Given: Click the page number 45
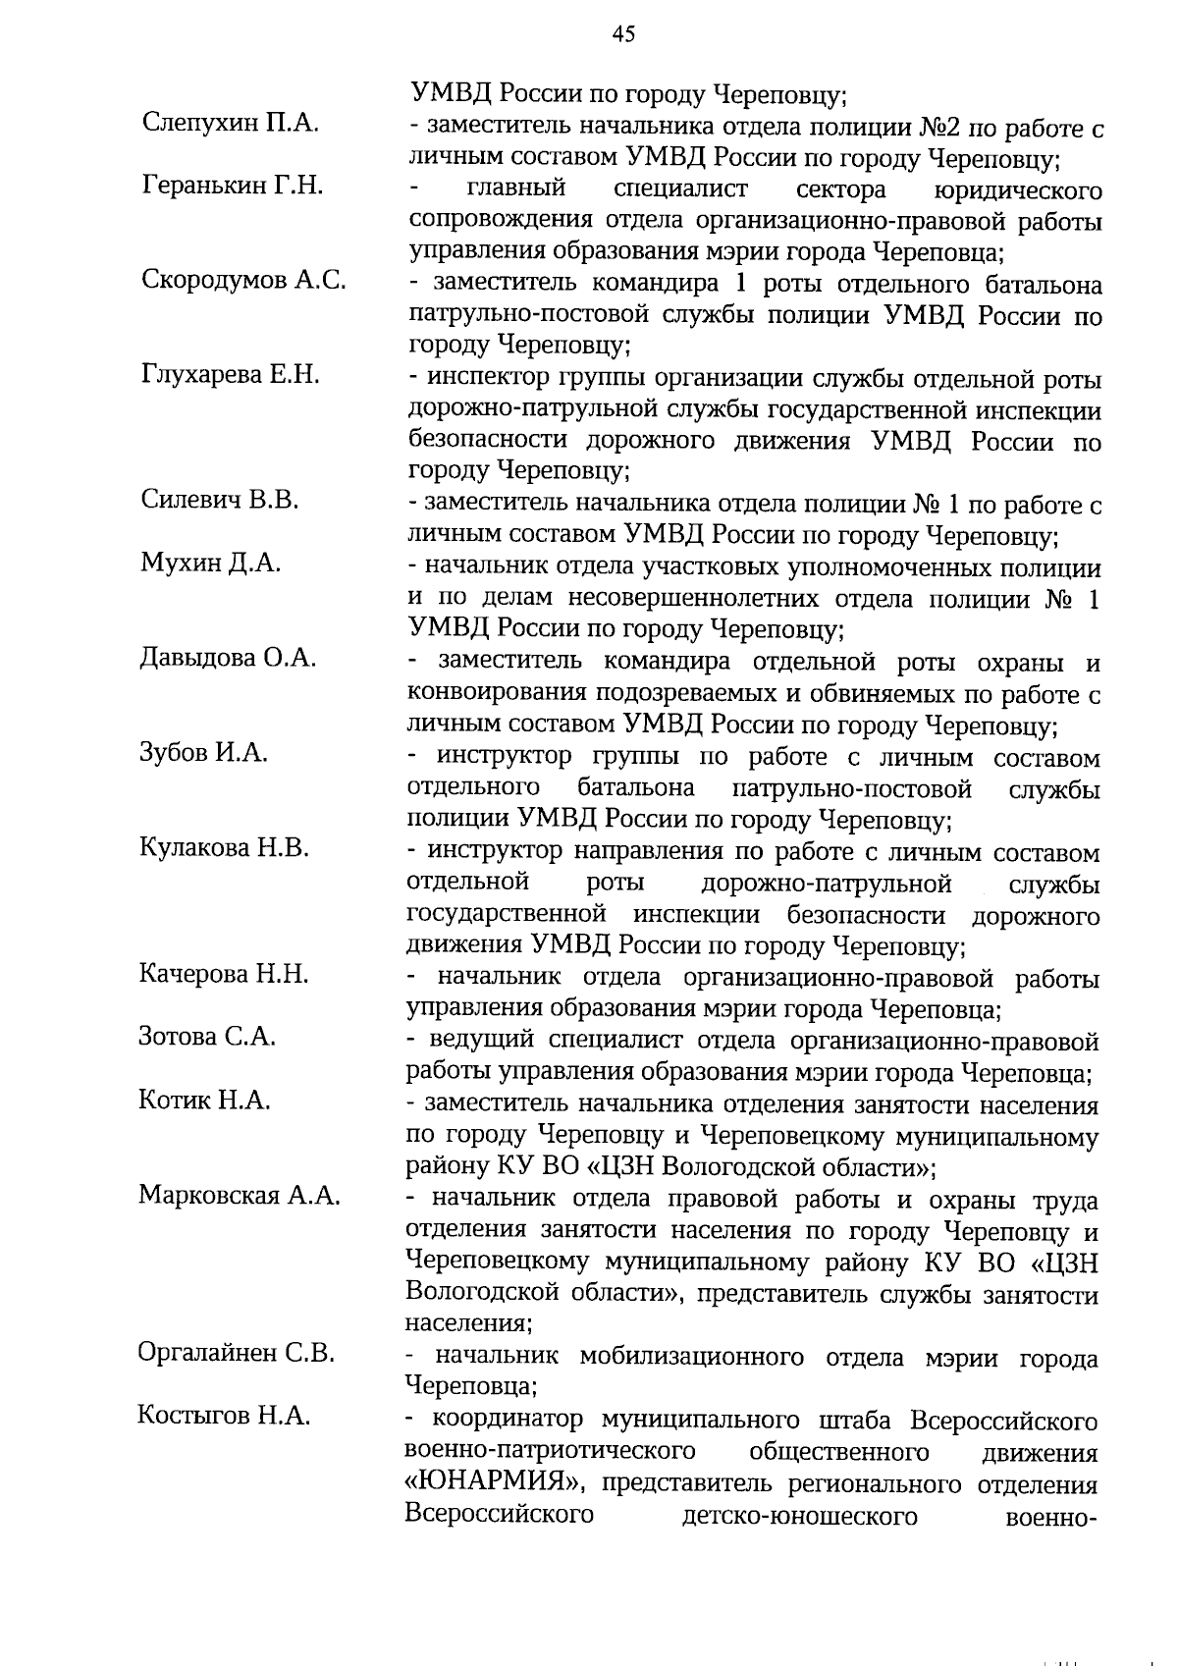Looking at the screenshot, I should click(624, 36).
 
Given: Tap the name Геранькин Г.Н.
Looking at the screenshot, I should click(233, 185).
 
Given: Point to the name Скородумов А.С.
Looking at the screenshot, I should click(243, 280).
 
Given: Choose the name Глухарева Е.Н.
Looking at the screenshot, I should click(231, 375).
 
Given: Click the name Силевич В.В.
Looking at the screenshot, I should click(220, 501).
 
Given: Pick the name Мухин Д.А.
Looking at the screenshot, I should click(211, 564).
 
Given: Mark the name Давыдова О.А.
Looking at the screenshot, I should click(228, 658).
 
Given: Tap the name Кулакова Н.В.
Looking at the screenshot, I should click(225, 848).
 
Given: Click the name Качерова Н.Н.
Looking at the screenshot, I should click(225, 974).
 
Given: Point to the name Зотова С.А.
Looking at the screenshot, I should click(207, 1037).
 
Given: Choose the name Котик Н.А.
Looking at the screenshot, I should click(205, 1101).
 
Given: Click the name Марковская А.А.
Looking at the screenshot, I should click(240, 1196).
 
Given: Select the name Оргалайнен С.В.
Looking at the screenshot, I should click(237, 1353).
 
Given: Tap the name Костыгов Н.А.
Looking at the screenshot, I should click(225, 1416).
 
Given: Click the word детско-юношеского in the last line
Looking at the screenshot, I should click(799, 1543).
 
